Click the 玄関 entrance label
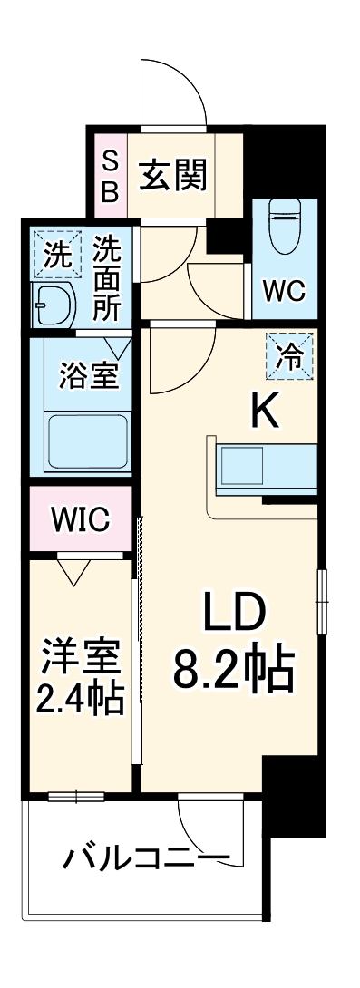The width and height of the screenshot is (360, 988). [172, 175]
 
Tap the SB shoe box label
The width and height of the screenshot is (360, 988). [109, 176]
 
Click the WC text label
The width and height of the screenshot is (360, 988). [284, 291]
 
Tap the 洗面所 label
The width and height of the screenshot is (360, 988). [108, 277]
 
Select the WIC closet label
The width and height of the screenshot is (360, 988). [80, 519]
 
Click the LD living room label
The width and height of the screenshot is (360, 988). [232, 615]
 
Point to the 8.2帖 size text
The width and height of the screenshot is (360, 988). [232, 671]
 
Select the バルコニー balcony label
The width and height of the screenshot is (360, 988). [144, 856]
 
